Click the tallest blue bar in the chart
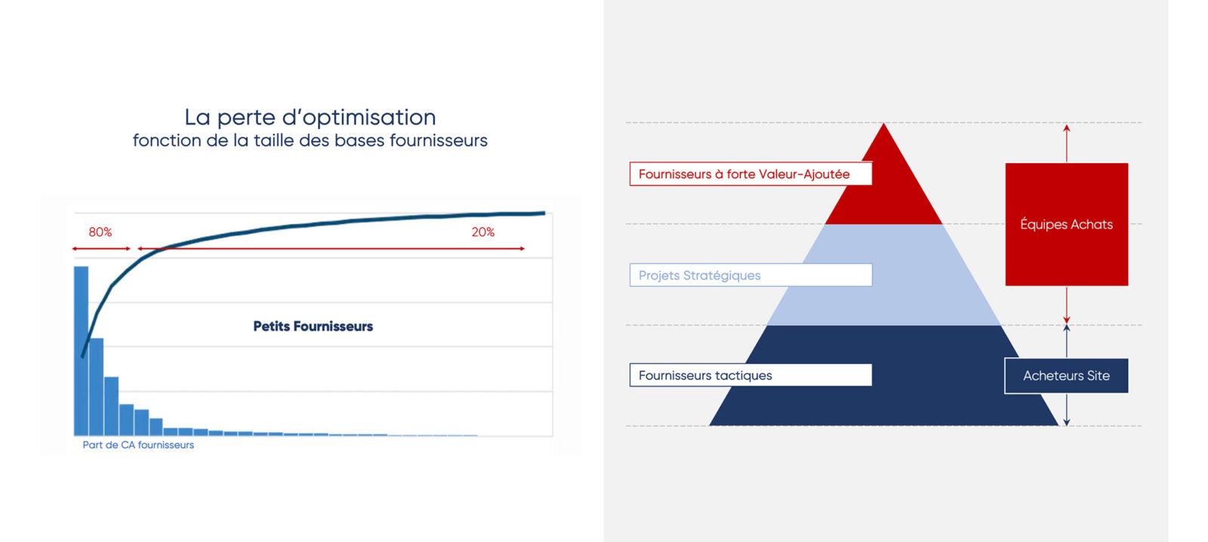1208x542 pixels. coord(81,350)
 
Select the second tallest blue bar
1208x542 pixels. coord(97,386)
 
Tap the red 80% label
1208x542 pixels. coord(100,232)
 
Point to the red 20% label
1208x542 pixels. coord(483,232)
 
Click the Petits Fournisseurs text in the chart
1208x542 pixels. coord(313,326)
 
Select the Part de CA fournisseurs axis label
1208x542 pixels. coord(138,445)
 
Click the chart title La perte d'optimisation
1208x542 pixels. coord(310,117)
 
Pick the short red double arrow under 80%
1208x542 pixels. coord(101,248)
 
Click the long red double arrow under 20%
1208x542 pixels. coord(331,248)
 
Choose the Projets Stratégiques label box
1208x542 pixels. coord(750,275)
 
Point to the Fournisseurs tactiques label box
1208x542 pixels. coord(750,375)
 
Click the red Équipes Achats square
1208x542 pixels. coord(1067,224)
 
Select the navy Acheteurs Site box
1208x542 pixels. coord(1066,376)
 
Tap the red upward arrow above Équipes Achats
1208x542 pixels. coord(1067,143)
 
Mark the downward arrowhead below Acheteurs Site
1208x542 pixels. coord(1067,422)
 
